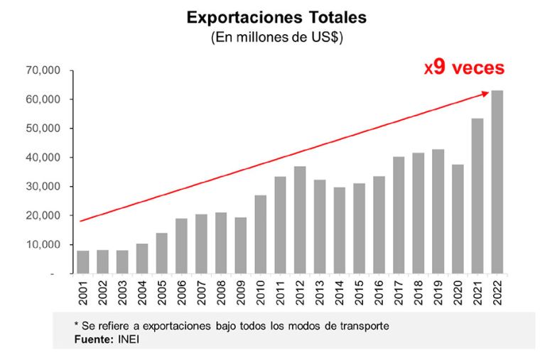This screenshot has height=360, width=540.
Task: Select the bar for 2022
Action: click(497, 182)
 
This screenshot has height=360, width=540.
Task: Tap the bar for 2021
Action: click(477, 195)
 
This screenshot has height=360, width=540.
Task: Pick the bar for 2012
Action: click(300, 219)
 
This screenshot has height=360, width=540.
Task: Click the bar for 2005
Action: click(162, 253)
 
